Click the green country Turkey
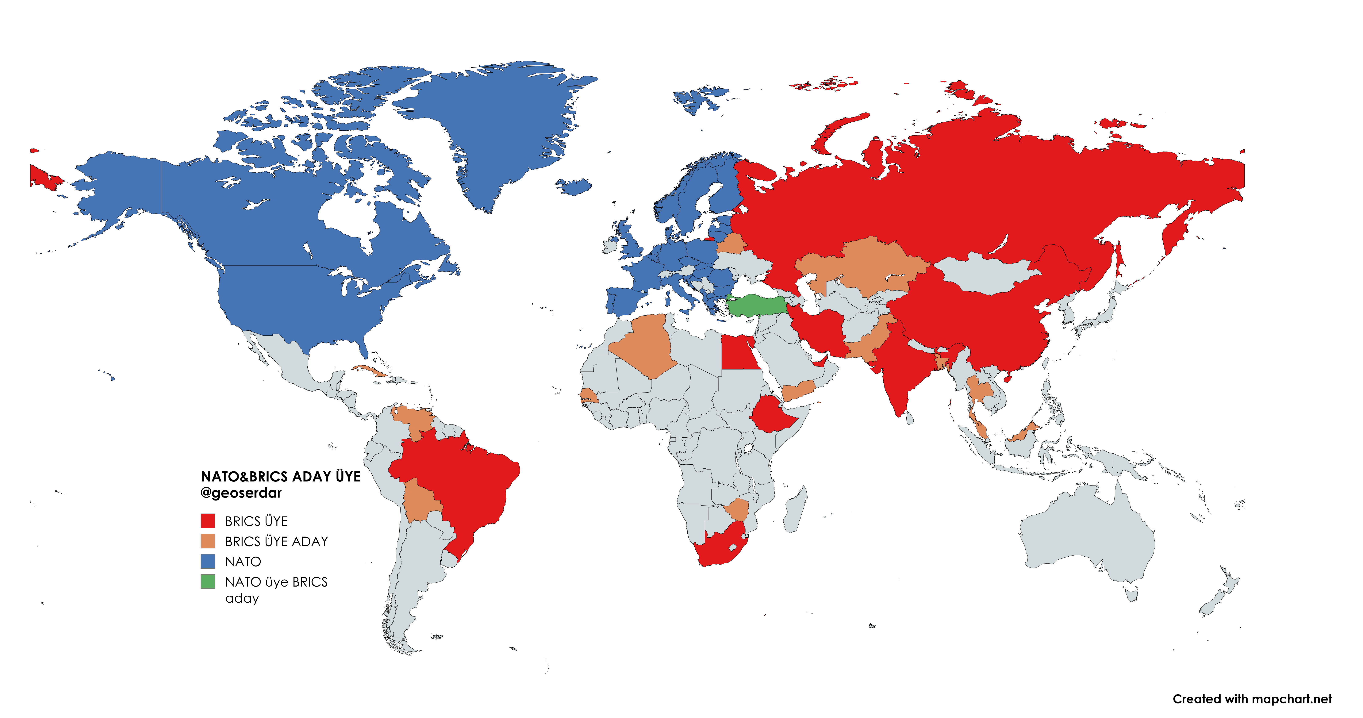point(757,306)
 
